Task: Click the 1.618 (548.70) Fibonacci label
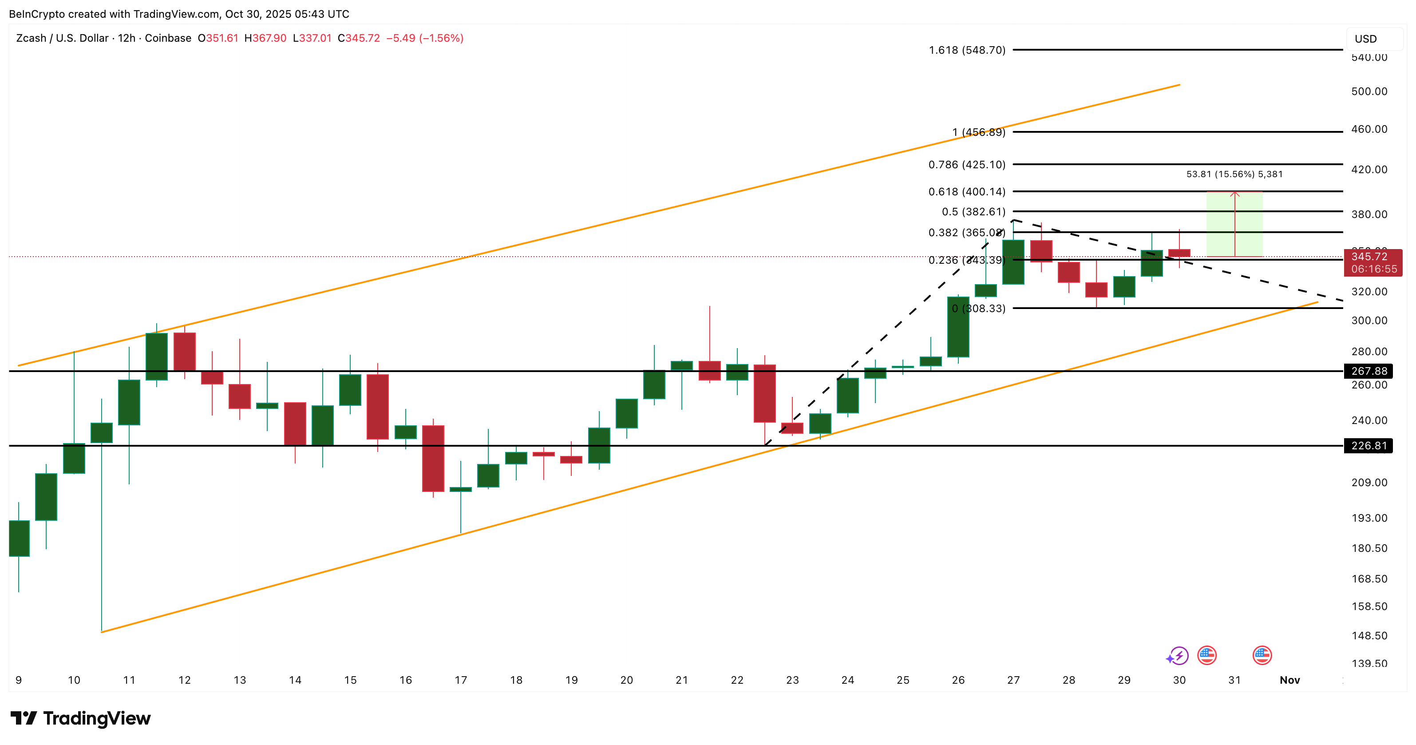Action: coord(967,50)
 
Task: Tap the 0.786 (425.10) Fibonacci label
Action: coord(967,164)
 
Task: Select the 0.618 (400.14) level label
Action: coord(967,191)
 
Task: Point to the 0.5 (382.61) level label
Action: coord(973,212)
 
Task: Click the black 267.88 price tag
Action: coord(1369,371)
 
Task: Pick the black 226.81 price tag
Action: coord(1369,445)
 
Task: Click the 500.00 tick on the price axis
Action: coord(1369,91)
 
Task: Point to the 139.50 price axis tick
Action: coord(1369,663)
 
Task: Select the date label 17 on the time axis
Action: coord(461,680)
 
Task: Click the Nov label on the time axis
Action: coord(1289,680)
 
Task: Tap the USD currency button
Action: coord(1366,39)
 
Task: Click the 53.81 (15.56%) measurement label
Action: coord(1234,174)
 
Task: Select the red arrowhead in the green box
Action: coord(1234,194)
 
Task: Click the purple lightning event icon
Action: coord(1178,655)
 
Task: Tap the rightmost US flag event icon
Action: coord(1262,655)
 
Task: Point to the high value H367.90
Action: coord(265,38)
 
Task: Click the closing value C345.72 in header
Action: coord(358,38)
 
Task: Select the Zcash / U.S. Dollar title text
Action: coord(62,38)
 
